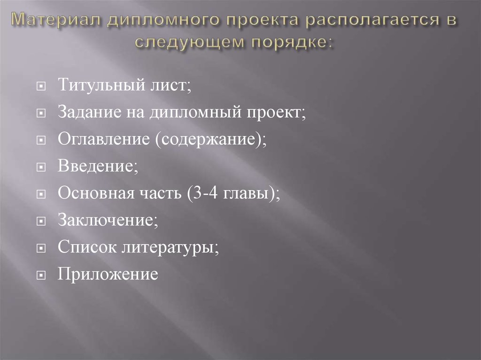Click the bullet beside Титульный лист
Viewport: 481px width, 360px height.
[x=41, y=87]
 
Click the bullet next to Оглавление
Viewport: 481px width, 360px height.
[x=41, y=140]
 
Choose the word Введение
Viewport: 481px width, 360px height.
[x=97, y=167]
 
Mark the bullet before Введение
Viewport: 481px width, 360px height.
[x=41, y=167]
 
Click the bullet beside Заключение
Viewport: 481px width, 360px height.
[x=41, y=220]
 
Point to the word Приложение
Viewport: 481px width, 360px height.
[x=108, y=273]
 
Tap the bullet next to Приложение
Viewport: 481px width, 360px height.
[x=41, y=274]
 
